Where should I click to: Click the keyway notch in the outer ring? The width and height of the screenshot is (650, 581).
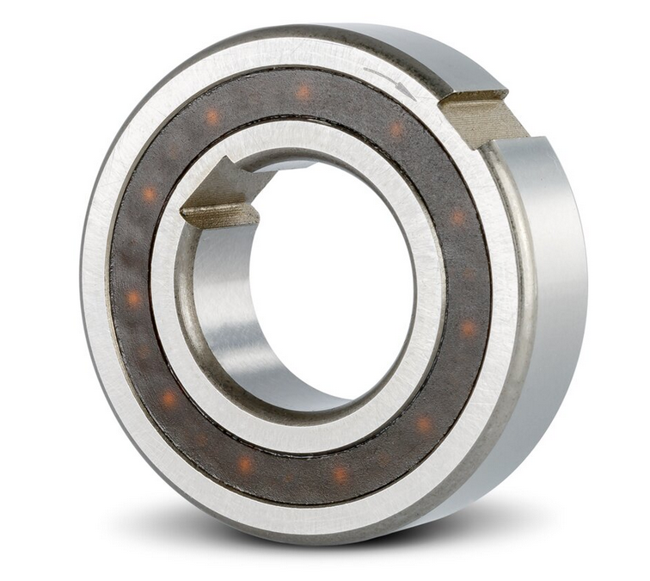481,116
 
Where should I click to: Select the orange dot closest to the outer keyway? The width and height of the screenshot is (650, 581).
396,129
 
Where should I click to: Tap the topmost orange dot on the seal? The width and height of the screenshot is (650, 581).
304,92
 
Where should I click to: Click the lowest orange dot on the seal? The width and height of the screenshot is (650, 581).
340,473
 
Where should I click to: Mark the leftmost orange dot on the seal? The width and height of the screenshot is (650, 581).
133,299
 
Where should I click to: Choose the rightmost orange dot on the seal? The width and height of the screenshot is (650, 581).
468,328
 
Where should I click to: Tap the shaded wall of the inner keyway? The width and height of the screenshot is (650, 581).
219,214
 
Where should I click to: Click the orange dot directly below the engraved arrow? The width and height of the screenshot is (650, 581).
396,129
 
